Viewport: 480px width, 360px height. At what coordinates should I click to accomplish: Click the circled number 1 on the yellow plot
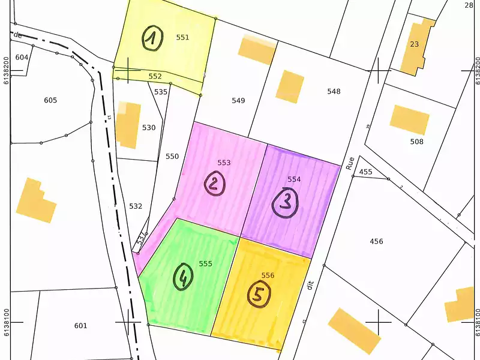(152, 39)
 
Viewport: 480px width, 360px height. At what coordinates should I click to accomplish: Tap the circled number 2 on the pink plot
(214, 183)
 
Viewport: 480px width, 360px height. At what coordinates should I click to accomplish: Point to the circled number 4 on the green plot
(183, 277)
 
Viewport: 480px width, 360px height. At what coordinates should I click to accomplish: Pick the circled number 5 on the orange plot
(259, 295)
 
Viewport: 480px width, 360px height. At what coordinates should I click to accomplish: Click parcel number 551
(182, 37)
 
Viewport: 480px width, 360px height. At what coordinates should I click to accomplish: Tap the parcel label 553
(224, 163)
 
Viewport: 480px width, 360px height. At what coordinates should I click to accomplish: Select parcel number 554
(294, 179)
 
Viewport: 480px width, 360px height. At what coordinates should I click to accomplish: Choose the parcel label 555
(206, 263)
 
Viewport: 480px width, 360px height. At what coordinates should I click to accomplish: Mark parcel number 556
(268, 275)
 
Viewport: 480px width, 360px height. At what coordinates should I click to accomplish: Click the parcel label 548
(334, 91)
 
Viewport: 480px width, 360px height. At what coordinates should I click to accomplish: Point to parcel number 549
(238, 100)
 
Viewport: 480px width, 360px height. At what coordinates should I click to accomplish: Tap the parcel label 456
(376, 241)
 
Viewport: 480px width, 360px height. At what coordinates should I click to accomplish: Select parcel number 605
(50, 100)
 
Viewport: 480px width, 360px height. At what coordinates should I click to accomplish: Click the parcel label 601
(80, 326)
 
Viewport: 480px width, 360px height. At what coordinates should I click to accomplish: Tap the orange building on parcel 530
(128, 125)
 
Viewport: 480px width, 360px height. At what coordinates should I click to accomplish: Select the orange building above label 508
(409, 119)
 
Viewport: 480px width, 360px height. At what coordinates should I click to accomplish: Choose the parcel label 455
(365, 172)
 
